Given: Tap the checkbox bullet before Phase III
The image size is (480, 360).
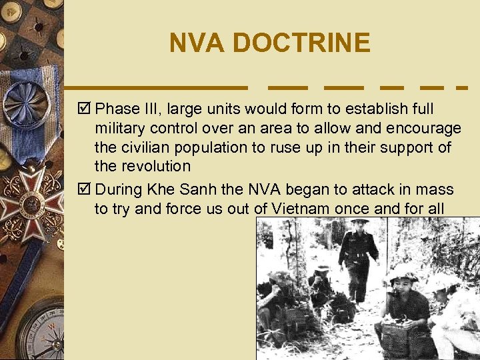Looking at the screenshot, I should click(87, 108).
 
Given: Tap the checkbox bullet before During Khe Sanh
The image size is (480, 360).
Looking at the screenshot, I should click(87, 189).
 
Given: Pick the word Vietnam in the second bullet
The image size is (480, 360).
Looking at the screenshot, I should click(289, 209).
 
